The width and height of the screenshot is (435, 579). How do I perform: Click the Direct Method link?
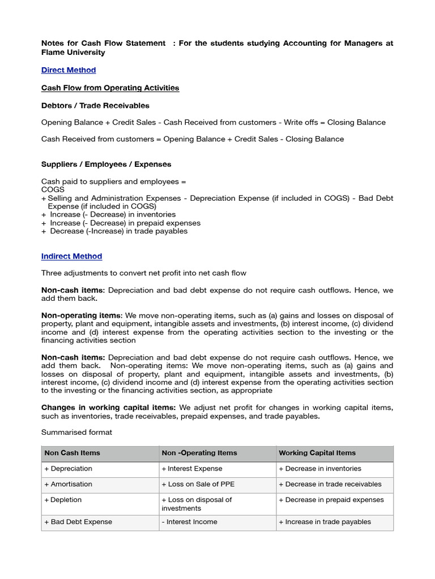pos(69,70)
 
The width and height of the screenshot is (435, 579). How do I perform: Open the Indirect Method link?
pos(71,256)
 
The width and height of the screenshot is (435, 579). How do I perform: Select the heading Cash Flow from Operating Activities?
pos(110,88)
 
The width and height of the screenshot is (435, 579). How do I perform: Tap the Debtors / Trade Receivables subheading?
pos(95,105)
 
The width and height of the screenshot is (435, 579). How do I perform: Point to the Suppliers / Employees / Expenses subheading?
pos(106,164)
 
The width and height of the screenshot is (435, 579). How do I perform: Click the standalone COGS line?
pos(53,189)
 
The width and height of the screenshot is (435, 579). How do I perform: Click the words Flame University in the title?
pos(73,53)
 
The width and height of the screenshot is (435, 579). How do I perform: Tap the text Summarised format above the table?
pos(76,432)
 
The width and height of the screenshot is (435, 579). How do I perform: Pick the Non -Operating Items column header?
pos(199,453)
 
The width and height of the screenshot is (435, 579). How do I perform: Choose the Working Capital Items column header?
pos(317,453)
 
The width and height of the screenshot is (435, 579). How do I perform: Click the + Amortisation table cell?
pos(68,484)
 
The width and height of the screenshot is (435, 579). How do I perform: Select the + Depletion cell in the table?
pos(63,500)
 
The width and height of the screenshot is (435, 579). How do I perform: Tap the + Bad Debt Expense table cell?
pos(78,522)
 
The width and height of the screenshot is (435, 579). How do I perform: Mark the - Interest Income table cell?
pos(189,522)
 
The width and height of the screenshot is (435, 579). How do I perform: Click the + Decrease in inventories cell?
pos(319,469)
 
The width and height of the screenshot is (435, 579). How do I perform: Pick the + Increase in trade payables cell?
pos(325,522)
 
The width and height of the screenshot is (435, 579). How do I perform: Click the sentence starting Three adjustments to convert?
pos(144,273)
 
